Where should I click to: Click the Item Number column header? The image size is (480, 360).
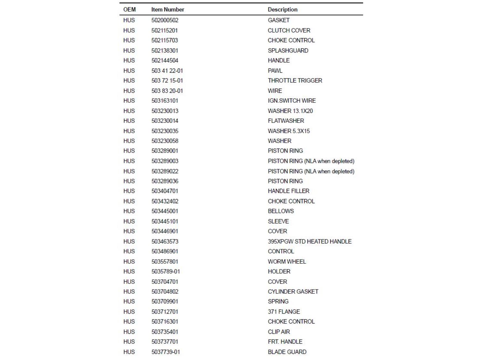pos(168,10)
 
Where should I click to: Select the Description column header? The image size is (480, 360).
pos(283,10)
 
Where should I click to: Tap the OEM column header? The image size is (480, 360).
pos(129,10)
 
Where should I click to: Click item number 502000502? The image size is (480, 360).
pos(165,20)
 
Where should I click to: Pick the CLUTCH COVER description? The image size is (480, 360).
pos(289,30)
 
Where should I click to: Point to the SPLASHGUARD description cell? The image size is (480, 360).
pos(288,51)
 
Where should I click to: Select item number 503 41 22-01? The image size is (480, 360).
pos(167,71)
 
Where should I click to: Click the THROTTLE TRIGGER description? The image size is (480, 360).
pos(295,81)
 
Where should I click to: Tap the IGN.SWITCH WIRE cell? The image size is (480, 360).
pos(292,101)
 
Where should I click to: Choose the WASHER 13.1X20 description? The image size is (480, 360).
pos(290,111)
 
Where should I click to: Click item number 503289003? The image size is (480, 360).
pos(165,161)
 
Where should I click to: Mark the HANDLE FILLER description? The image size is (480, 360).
pos(288,191)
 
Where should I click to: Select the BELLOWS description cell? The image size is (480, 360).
pos(281,211)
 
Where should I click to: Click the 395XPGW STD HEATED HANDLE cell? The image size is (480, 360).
pos(309,242)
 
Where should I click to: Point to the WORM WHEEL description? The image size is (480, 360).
pos(287,262)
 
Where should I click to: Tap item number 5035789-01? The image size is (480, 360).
pos(166,272)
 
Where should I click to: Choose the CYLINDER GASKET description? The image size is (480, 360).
pos(293,292)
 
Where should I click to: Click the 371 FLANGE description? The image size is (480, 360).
pos(284,312)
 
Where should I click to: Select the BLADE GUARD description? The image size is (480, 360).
pos(287,352)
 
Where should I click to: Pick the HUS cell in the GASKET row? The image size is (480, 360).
pos(129,20)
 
